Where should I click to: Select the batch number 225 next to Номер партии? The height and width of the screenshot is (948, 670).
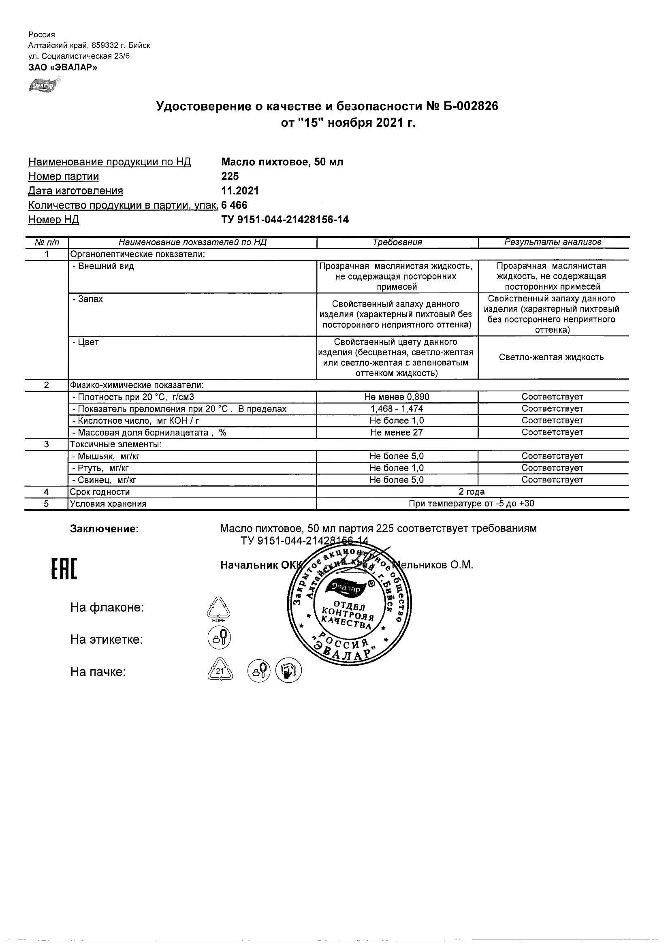point(230,176)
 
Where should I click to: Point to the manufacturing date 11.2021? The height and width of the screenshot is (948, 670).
point(240,191)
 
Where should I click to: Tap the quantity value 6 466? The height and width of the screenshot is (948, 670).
point(234,205)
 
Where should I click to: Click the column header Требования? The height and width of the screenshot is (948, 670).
point(397,242)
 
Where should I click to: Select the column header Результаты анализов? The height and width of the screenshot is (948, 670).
point(553,242)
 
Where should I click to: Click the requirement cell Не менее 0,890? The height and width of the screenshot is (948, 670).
point(397,397)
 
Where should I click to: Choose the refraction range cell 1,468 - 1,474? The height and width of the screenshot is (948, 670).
point(397,409)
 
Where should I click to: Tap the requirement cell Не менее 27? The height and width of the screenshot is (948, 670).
point(397,432)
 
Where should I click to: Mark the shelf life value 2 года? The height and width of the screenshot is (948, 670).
point(472,492)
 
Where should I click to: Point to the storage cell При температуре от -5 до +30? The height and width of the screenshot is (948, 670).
point(472,504)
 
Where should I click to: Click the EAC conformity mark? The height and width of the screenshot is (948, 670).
point(64,569)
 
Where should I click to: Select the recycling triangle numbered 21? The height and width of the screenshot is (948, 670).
point(220,671)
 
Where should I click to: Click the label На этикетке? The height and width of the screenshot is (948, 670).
point(107,640)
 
